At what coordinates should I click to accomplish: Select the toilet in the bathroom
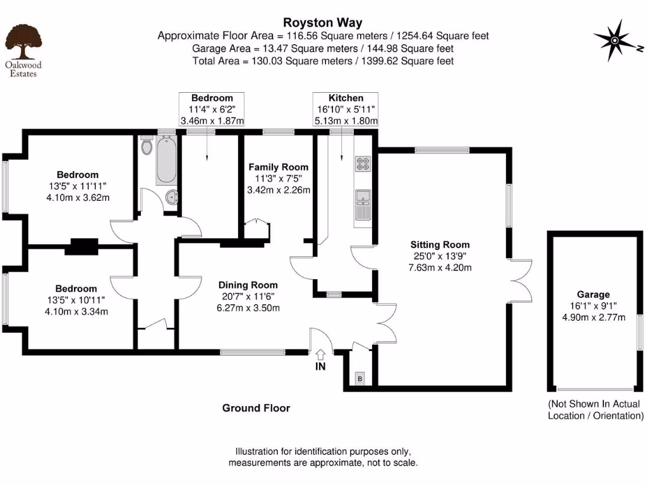(147, 148)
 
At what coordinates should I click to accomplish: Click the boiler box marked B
(360, 379)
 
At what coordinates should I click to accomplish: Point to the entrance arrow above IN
(320, 356)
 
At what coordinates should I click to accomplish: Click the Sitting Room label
(440, 245)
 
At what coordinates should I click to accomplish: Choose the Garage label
(593, 294)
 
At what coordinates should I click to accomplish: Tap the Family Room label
(278, 167)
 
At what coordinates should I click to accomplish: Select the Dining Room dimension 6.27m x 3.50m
(248, 308)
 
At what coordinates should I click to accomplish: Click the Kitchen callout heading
(346, 98)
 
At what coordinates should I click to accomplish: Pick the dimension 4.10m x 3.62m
(78, 198)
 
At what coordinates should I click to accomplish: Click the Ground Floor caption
(256, 408)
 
